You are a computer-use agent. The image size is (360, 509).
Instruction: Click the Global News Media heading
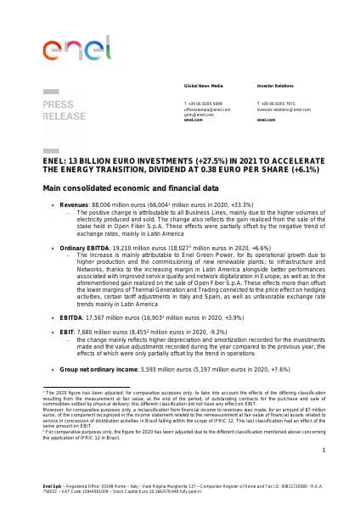(201, 110)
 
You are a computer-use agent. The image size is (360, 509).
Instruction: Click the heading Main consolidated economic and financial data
(124, 186)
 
